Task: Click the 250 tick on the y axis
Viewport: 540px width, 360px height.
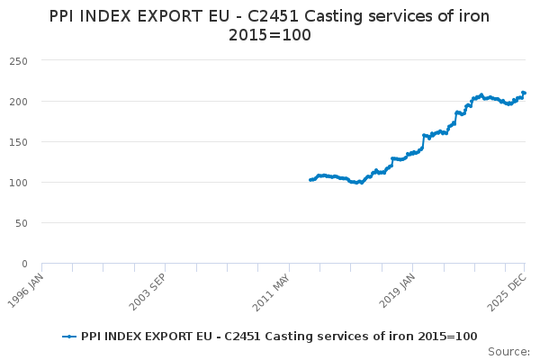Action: tap(19, 60)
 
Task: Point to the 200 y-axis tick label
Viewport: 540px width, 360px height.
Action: tap(19, 101)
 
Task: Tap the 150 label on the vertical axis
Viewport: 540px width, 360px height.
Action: tap(19, 142)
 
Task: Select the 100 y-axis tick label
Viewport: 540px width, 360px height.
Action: tap(19, 183)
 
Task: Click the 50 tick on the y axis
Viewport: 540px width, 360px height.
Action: tap(22, 223)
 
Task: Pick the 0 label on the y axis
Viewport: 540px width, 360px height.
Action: tap(24, 264)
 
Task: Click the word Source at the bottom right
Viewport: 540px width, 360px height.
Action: tap(508, 351)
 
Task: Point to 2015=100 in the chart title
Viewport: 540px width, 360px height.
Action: tap(270, 35)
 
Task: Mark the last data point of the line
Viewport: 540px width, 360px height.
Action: tap(524, 93)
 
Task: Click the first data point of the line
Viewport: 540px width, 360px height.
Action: tap(310, 180)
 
